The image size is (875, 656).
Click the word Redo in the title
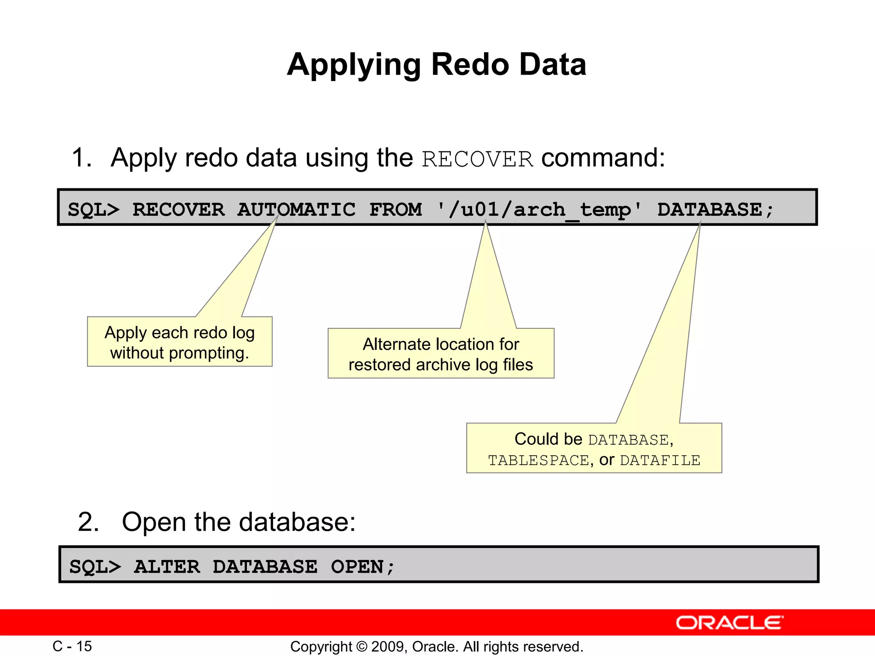click(x=470, y=65)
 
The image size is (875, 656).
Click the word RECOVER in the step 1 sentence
click(x=477, y=159)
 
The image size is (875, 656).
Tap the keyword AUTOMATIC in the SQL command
click(x=296, y=210)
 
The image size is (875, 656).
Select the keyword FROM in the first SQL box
click(x=395, y=210)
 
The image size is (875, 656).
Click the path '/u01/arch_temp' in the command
click(x=539, y=210)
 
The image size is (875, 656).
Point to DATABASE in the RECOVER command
click(x=709, y=210)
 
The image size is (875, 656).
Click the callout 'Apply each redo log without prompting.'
click(x=179, y=342)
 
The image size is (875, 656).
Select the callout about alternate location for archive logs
click(x=440, y=354)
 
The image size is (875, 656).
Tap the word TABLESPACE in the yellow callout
click(x=538, y=460)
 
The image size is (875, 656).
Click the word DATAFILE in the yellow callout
click(x=660, y=460)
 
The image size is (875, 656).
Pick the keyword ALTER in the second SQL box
click(x=167, y=567)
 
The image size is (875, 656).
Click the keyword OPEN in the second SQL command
click(x=357, y=567)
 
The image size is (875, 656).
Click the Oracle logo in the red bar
click(x=729, y=623)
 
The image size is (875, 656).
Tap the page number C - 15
click(x=72, y=646)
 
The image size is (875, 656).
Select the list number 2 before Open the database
click(x=88, y=522)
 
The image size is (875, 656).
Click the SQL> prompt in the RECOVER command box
click(x=94, y=210)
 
